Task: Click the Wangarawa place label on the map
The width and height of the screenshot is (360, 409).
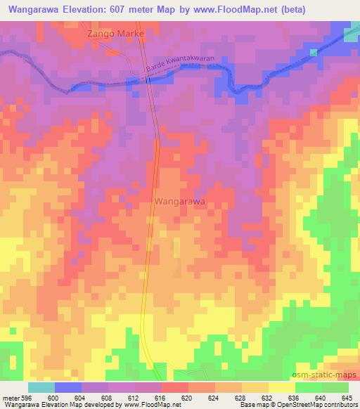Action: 179,201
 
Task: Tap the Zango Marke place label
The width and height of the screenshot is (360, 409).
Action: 115,34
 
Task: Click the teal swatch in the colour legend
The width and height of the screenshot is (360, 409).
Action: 41,387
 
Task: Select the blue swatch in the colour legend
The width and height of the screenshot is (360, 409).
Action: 68,387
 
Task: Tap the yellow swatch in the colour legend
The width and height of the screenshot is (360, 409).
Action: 282,387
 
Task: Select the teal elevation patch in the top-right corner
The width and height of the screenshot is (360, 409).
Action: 351,35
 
